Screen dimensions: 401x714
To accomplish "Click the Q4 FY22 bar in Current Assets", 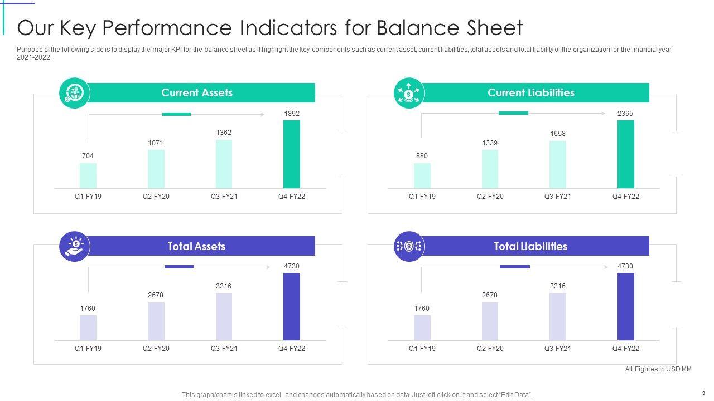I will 292,154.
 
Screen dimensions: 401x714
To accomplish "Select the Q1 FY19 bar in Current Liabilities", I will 422,175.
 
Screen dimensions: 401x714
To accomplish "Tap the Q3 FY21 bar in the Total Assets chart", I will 224,316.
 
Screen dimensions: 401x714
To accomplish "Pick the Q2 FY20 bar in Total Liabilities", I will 490,321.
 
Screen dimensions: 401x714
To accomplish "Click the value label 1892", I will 292,114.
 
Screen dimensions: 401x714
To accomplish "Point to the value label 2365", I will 625,114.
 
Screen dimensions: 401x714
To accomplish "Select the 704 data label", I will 88,156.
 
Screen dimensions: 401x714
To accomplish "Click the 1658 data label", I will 558,134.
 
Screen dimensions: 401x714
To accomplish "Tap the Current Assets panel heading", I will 197,93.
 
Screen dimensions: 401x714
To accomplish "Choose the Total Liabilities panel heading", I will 530,246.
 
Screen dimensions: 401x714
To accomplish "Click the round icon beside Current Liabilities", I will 409,93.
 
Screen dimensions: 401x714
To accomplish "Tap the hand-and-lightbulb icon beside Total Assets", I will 74,246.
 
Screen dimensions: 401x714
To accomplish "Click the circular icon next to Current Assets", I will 74,93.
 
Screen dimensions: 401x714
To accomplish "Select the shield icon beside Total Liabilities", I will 409,246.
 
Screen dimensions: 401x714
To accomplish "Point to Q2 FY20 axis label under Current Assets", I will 156,197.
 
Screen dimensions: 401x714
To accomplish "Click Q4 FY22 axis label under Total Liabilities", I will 625,349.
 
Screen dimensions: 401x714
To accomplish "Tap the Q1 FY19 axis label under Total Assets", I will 88,349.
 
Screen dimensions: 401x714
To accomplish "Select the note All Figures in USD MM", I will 658,369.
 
